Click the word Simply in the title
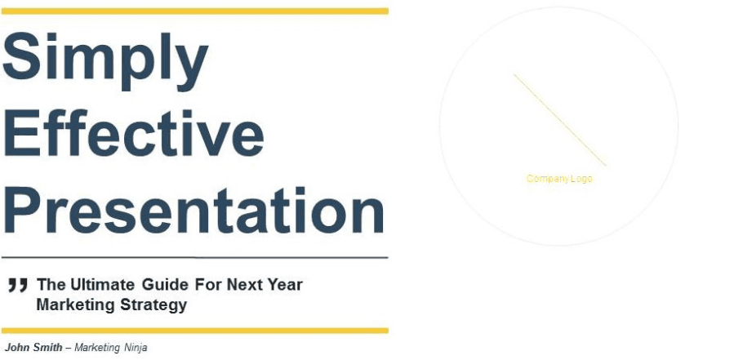[105, 62]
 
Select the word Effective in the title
[134, 133]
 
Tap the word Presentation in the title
[194, 210]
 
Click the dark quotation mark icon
[18, 285]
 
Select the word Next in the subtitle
[243, 284]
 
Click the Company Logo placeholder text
[559, 179]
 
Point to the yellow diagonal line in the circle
[560, 120]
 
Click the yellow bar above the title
[195, 11]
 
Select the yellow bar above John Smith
[195, 331]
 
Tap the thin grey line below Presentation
[195, 257]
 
